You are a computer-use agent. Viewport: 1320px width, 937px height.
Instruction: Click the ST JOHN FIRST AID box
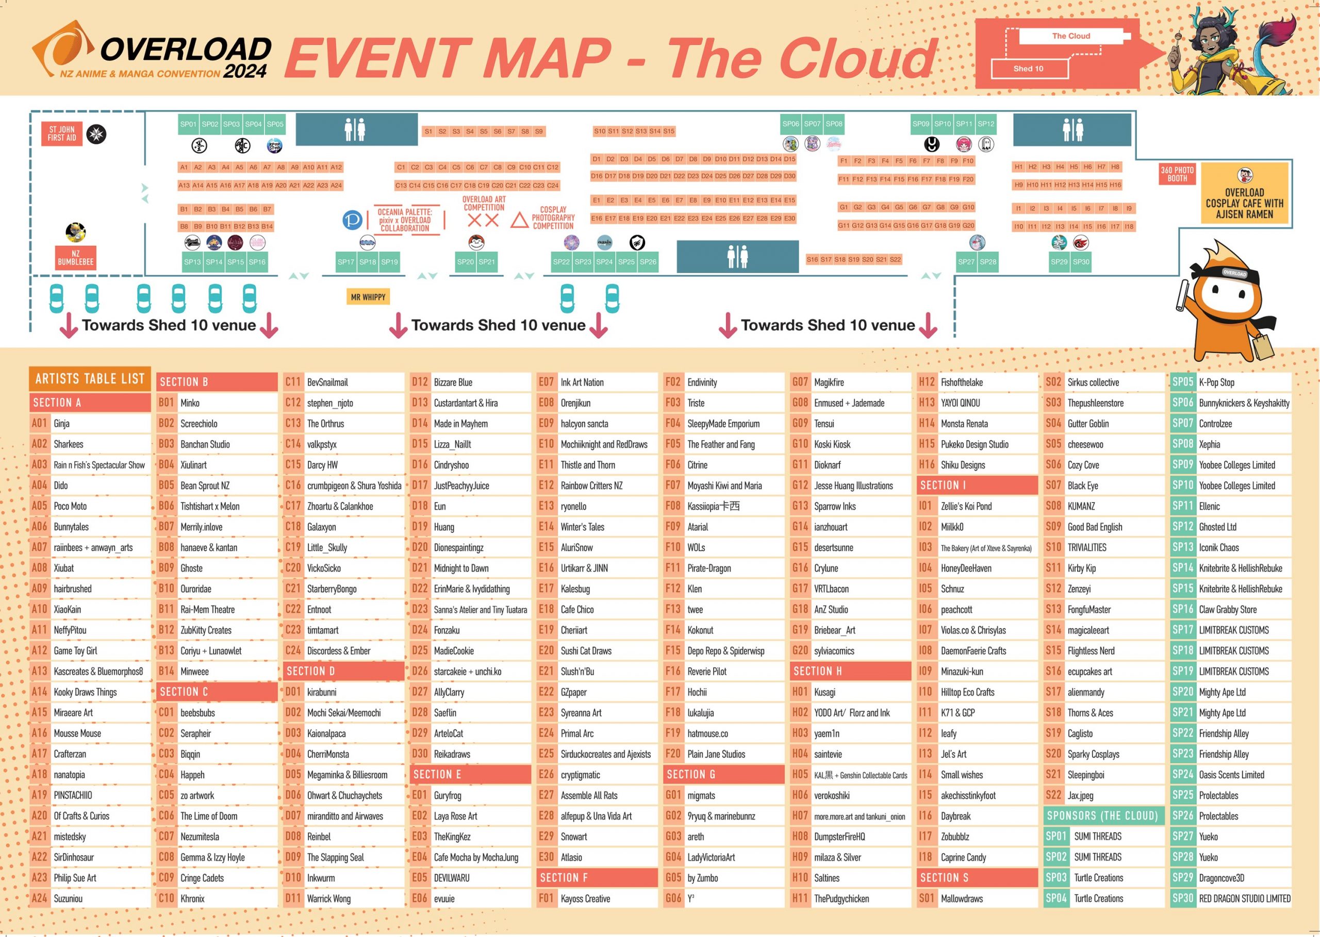pos(62,134)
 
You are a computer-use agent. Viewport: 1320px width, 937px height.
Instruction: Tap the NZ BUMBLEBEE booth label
pos(76,258)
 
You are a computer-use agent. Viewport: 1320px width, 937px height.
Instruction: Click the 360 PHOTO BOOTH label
pos(1177,174)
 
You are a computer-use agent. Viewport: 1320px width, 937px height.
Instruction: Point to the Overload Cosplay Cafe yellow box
pos(1244,193)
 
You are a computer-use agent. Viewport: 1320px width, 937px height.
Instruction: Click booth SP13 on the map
pos(192,262)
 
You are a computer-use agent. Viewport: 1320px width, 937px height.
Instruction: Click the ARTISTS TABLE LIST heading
pos(90,378)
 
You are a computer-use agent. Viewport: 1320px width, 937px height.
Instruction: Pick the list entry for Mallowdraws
pos(977,898)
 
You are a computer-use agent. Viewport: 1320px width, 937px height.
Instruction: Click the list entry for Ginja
pos(90,424)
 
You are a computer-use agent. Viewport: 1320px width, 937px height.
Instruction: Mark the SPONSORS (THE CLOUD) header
pos(1103,816)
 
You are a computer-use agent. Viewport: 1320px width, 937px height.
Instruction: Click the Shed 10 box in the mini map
pos(1030,69)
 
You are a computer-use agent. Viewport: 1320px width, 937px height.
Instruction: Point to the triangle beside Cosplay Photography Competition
pos(519,220)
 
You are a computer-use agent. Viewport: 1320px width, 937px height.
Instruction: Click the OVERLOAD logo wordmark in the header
pos(186,49)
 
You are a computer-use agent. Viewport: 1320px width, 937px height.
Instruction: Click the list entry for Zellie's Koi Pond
pos(977,506)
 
